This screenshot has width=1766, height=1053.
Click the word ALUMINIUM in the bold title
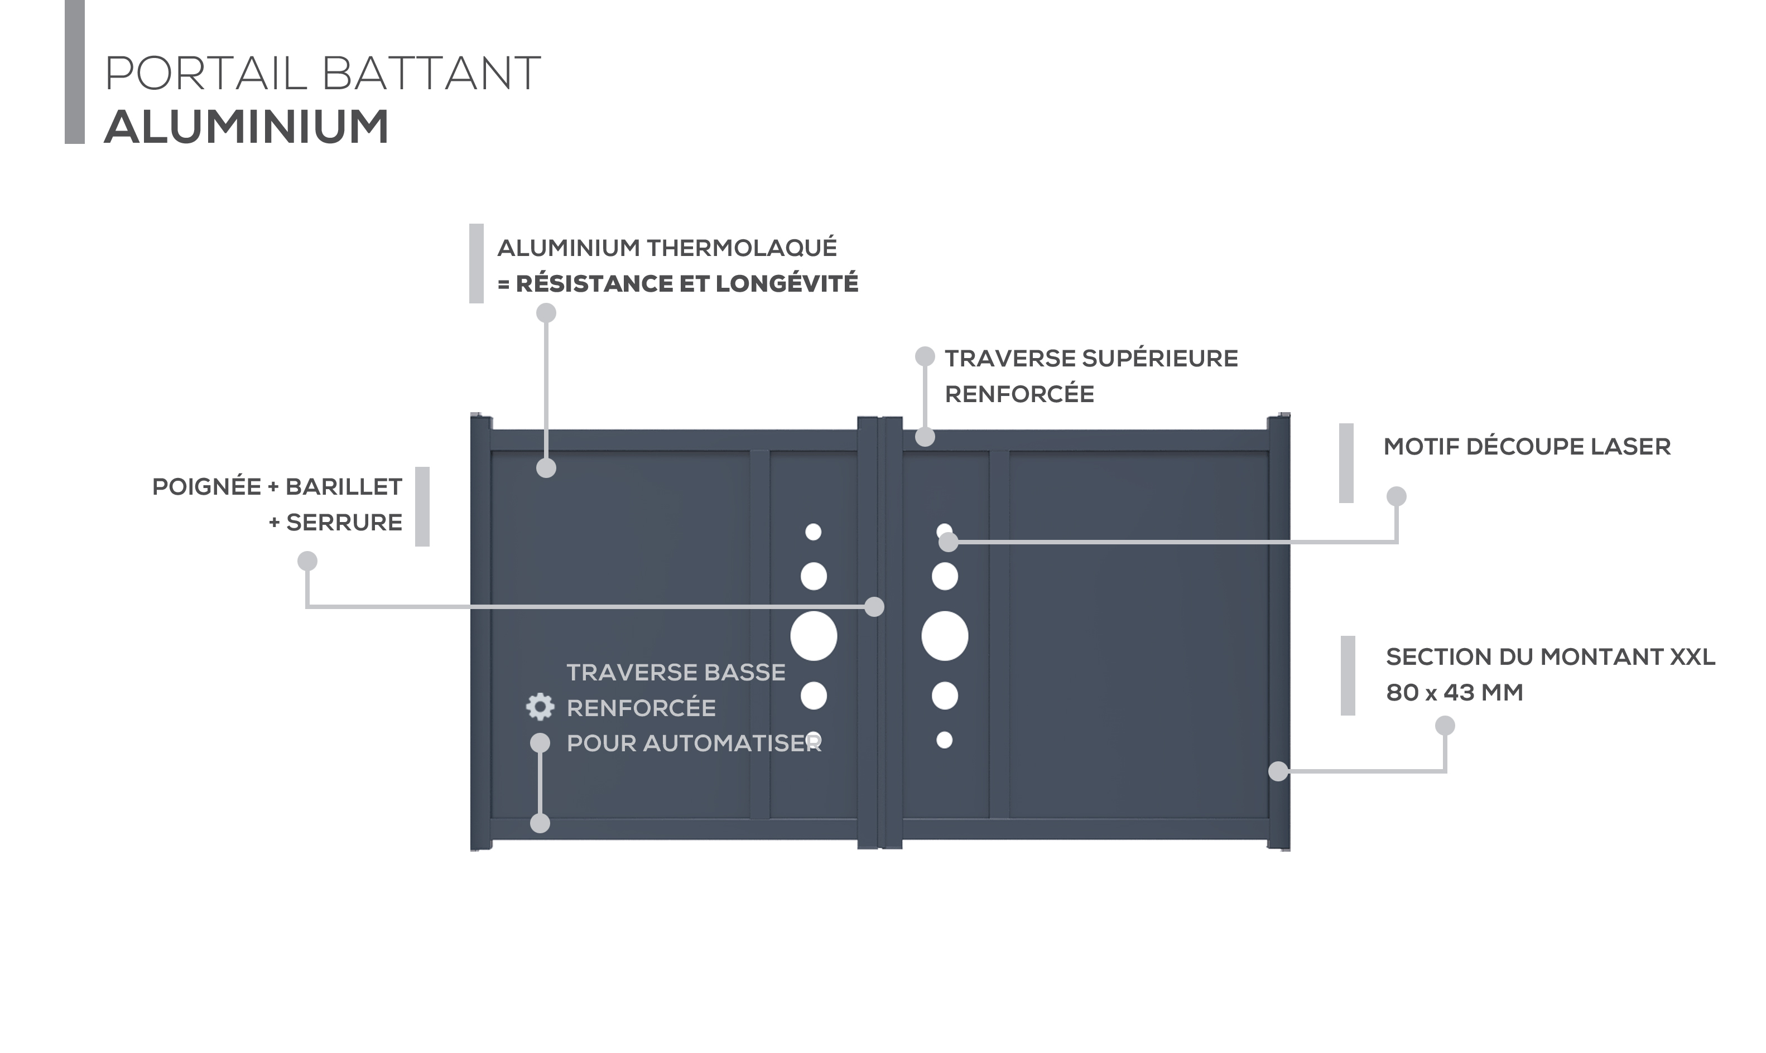(x=246, y=127)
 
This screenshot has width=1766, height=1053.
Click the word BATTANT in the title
(x=431, y=73)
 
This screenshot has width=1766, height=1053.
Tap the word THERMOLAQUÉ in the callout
(x=742, y=248)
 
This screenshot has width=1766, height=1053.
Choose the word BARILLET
(x=344, y=487)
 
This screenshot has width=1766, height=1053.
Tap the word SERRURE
(x=344, y=522)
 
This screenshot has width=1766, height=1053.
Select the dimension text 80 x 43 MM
(x=1455, y=693)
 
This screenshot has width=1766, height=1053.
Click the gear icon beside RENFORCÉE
(x=540, y=707)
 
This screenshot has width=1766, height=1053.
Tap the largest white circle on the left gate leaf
(x=814, y=636)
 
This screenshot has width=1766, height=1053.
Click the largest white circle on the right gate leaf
(x=945, y=636)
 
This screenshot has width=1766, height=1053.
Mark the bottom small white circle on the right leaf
(x=945, y=740)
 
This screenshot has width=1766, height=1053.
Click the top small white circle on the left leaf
(x=814, y=532)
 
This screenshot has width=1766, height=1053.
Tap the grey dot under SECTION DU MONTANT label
(x=1445, y=725)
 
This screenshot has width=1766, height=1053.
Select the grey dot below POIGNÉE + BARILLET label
(x=307, y=561)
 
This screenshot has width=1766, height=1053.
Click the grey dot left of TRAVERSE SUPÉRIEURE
(x=925, y=356)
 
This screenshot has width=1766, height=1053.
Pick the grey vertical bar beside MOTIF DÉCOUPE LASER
(x=1346, y=463)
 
